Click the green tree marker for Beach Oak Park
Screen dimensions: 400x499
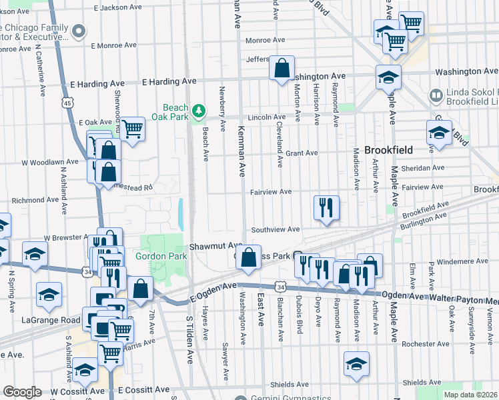(x=197, y=109)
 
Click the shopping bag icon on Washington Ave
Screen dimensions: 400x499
(x=282, y=67)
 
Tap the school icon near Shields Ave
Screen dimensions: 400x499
(x=357, y=364)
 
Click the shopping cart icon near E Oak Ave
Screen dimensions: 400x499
(x=133, y=128)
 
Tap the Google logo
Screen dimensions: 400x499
(x=22, y=392)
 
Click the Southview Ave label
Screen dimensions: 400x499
(x=275, y=229)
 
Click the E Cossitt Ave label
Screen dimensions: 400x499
(x=143, y=389)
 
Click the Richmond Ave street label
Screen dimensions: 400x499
(x=36, y=199)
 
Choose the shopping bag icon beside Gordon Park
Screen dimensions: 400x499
(x=140, y=289)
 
